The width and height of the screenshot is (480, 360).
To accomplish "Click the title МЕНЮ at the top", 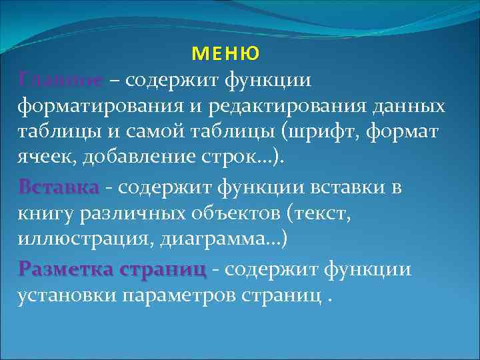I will point(226,53).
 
